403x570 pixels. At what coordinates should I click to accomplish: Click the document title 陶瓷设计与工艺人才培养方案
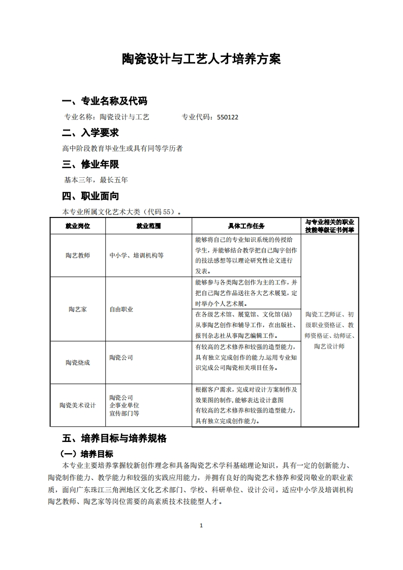tap(201, 59)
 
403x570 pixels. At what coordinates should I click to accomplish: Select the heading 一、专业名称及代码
tap(105, 100)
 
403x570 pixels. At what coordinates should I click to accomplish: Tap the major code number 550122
tap(227, 117)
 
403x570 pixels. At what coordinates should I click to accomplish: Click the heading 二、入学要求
tap(90, 133)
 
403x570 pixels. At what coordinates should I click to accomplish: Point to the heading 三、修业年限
tap(90, 165)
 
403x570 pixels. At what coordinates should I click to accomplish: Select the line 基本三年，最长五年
tap(96, 180)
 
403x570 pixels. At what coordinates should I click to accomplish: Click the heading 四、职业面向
tap(90, 196)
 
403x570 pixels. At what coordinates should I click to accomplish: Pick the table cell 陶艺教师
tap(78, 256)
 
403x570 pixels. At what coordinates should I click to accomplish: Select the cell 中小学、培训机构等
tap(137, 256)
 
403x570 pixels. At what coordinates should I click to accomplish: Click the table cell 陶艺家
tap(78, 309)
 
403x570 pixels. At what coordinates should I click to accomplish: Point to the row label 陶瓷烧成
tap(78, 362)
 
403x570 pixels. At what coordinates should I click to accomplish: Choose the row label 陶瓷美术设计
tap(78, 405)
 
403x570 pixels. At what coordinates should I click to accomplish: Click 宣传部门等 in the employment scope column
tap(125, 414)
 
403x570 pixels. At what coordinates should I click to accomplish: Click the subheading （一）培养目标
tap(87, 454)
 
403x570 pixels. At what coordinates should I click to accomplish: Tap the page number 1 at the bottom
tap(202, 525)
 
